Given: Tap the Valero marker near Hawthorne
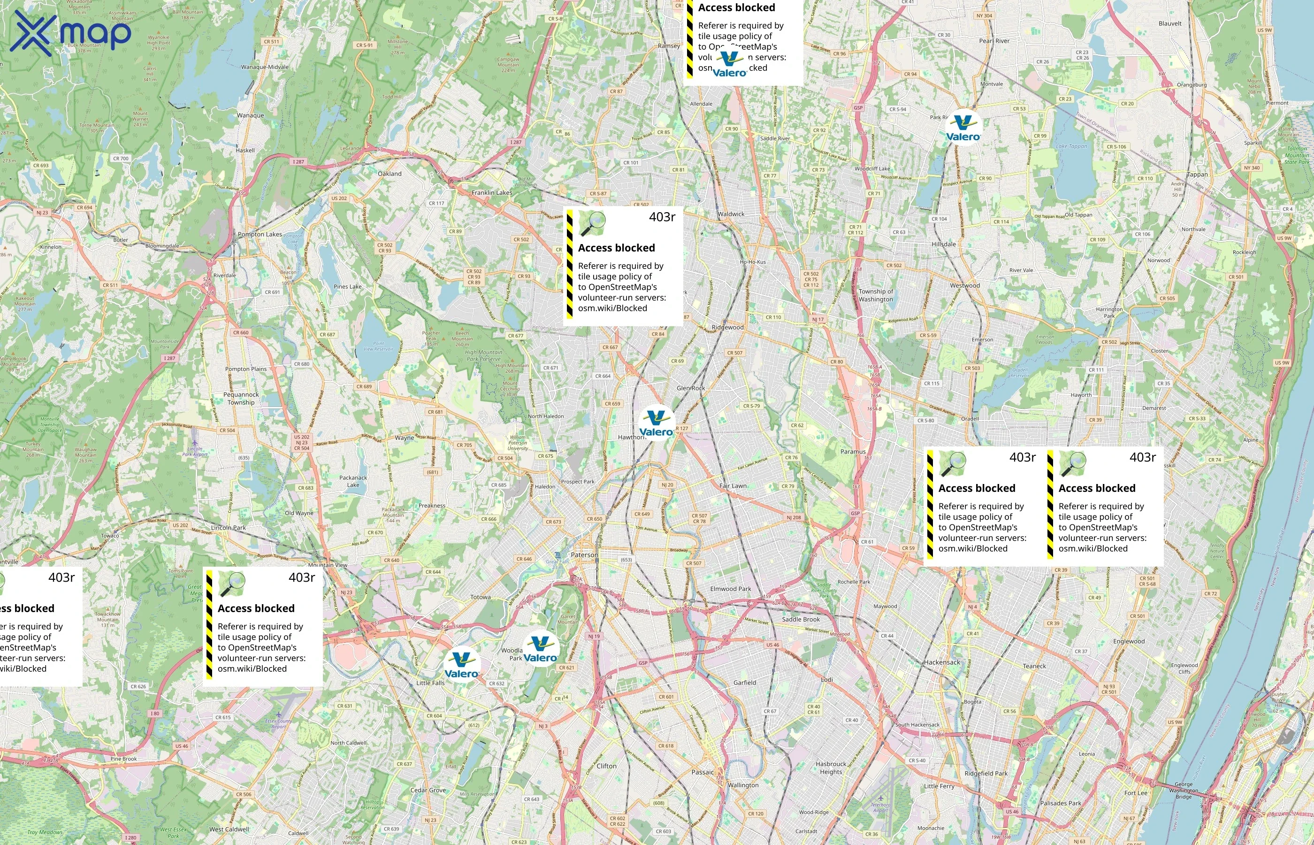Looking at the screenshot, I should (657, 423).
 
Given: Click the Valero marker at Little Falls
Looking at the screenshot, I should (461, 665).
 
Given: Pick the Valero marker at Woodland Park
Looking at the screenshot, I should (540, 650).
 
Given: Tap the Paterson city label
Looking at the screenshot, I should (585, 555).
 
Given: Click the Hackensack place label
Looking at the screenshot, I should (942, 662).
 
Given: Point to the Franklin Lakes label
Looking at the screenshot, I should (492, 192).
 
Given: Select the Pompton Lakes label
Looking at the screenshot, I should (260, 234).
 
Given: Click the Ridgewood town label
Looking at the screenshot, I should (727, 328).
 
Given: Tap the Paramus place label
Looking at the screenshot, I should (853, 452).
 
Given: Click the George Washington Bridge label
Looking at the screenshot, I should (1183, 791).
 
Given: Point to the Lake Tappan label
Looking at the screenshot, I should (1071, 146).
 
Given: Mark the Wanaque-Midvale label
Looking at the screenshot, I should (264, 67).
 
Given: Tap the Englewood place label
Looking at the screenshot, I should (1129, 641).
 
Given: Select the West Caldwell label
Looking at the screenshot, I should (229, 829).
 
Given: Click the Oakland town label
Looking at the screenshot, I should (390, 173).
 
